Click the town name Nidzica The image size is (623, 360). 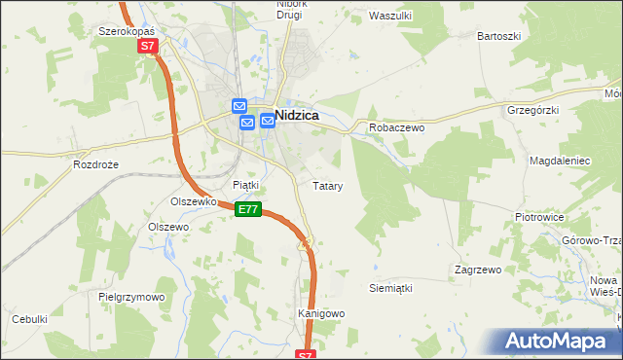[x=305, y=114]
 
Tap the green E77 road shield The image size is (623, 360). [x=248, y=209]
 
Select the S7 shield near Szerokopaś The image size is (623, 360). [x=147, y=46]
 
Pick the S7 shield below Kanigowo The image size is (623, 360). [x=306, y=355]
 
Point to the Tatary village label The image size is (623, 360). [x=327, y=185]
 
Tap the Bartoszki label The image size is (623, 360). [x=499, y=36]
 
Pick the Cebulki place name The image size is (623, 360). [x=29, y=318]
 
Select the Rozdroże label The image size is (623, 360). [x=95, y=164]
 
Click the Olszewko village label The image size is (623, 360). [x=192, y=201]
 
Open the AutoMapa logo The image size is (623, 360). [x=555, y=341]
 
